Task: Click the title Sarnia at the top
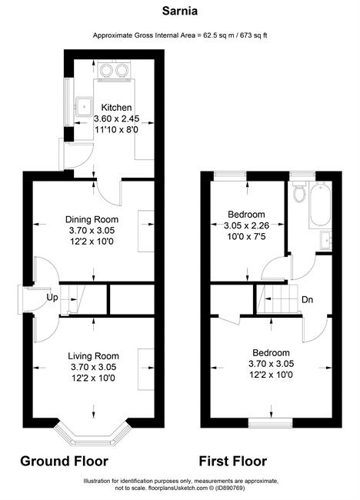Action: [x=180, y=11]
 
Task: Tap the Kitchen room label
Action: [x=116, y=108]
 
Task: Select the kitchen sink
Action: [x=84, y=106]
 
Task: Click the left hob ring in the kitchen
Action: [x=106, y=70]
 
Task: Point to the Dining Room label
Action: [x=92, y=219]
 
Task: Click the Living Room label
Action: [x=93, y=356]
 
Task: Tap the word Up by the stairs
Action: [x=52, y=298]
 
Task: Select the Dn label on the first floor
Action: [x=307, y=300]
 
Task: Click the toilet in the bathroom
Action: [x=300, y=192]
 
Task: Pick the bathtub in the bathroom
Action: [x=320, y=205]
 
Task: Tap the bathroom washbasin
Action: [x=326, y=240]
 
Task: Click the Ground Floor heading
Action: [x=64, y=461]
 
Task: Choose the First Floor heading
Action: [x=233, y=461]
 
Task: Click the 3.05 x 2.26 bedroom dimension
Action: [x=246, y=225]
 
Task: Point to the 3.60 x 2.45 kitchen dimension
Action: [x=116, y=118]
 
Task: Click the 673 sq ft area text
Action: [x=254, y=35]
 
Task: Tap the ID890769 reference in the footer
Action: [x=232, y=488]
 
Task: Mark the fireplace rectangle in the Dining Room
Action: [x=146, y=231]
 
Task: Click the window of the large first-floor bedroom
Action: [x=271, y=422]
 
